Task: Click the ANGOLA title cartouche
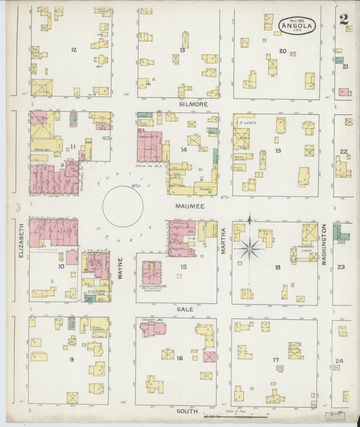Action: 297,26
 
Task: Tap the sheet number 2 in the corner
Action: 344,19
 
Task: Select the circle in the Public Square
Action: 122,206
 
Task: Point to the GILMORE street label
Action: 192,105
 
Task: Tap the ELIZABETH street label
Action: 22,240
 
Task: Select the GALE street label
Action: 186,309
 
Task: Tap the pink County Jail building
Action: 152,329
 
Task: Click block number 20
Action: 282,51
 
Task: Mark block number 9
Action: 72,359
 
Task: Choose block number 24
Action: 339,361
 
